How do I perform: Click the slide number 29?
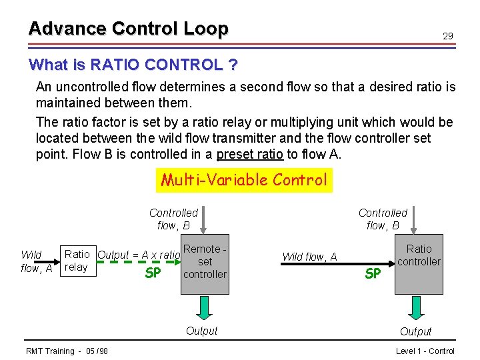pos(448,36)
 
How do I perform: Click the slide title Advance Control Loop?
pos(128,29)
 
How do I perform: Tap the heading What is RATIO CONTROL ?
pos(133,65)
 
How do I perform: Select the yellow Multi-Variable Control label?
pos(243,179)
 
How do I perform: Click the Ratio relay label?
pos(76,261)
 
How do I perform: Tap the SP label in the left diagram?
pos(153,273)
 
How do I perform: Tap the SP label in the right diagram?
pos(373,273)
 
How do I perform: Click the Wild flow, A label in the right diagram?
pos(309,257)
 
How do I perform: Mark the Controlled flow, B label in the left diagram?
pos(173,219)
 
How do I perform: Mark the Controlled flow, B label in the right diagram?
pos(383,219)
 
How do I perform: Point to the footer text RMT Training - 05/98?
pos(67,351)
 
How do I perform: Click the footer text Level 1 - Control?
pos(425,351)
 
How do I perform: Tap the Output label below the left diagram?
pos(201,331)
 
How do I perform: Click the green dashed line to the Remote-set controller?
pos(140,262)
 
